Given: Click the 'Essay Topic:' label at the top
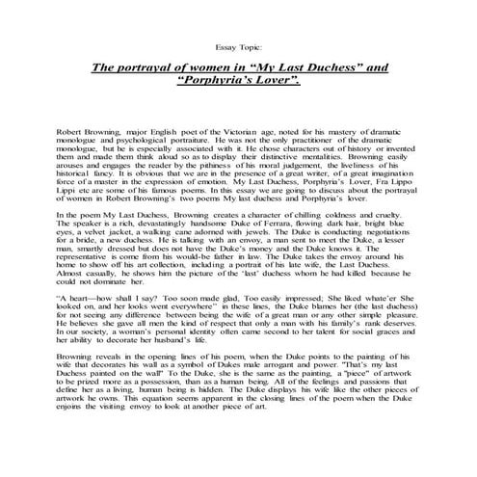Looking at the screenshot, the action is coord(238,45).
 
